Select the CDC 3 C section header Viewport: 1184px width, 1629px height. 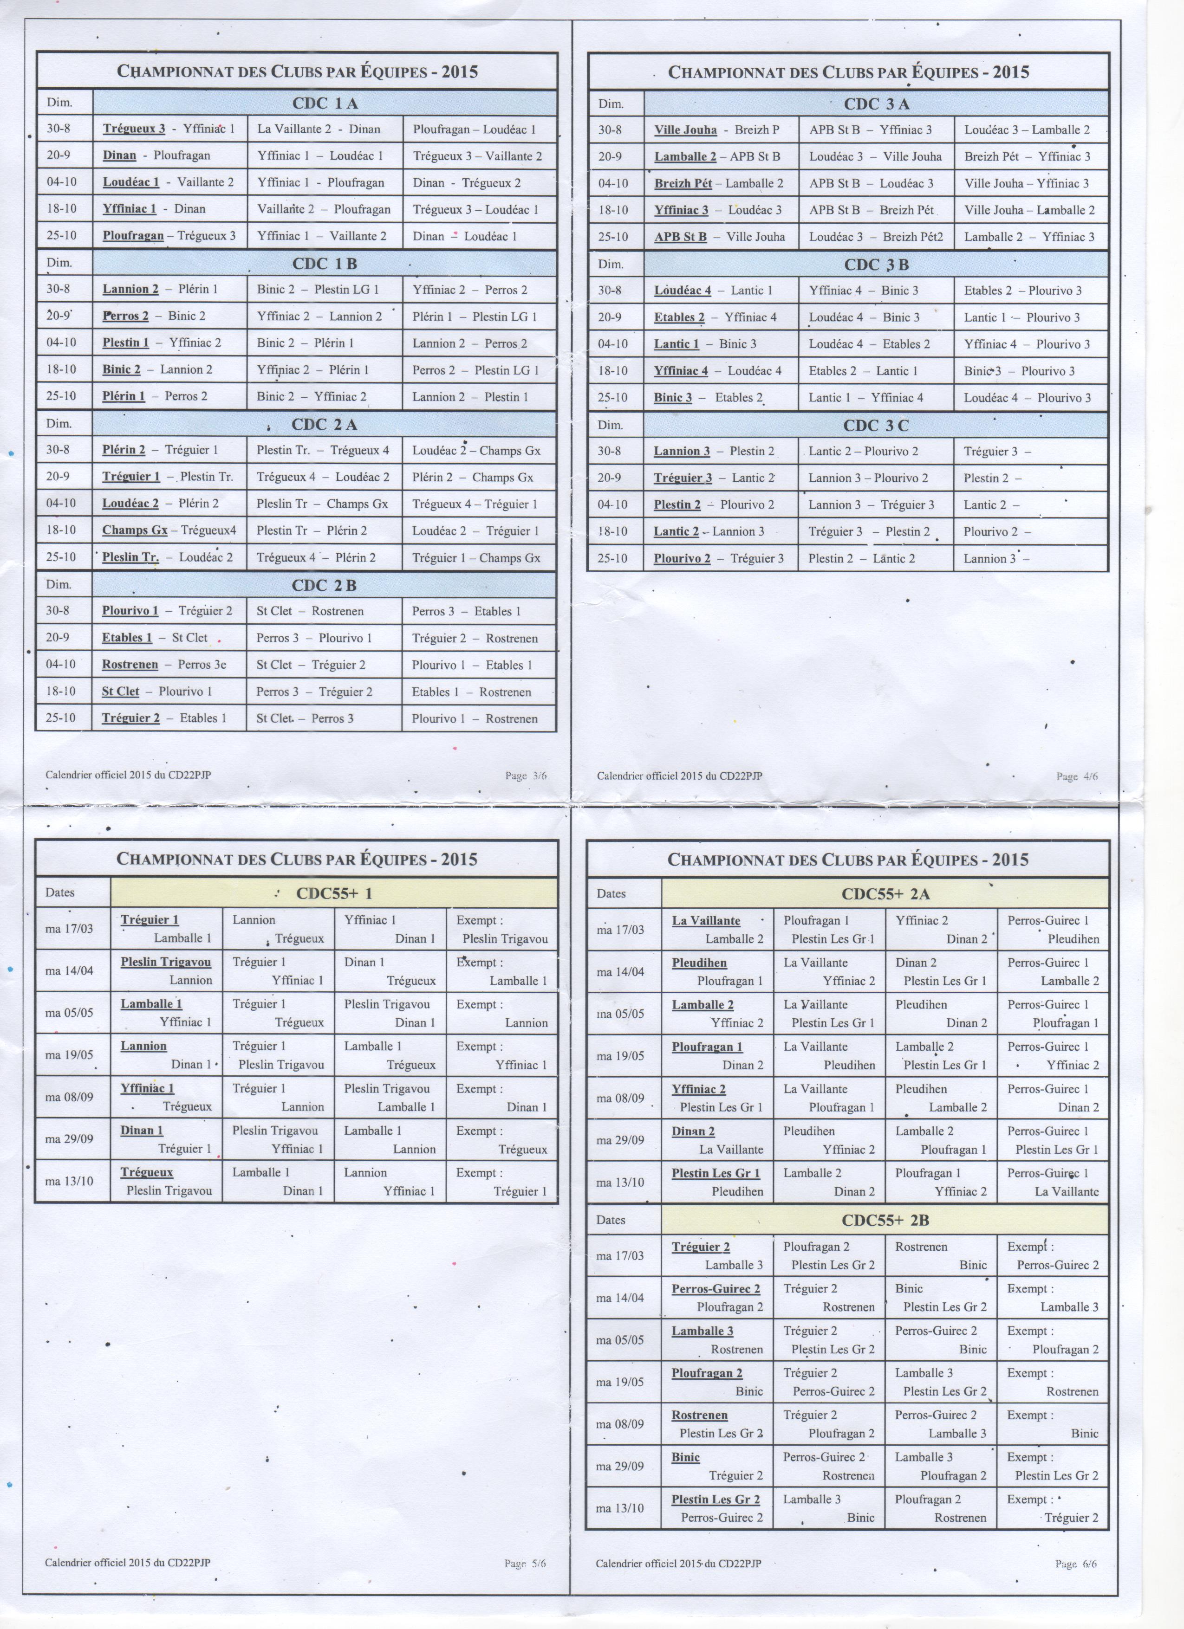[876, 425]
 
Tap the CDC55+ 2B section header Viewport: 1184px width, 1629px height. [885, 1220]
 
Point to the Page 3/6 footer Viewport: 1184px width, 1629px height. [525, 776]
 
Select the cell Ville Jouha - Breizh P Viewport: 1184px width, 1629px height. [716, 130]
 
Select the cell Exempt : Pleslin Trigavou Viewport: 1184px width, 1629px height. [501, 929]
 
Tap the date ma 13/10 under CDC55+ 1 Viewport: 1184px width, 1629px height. [69, 1181]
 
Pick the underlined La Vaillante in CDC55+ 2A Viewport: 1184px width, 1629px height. [706, 921]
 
